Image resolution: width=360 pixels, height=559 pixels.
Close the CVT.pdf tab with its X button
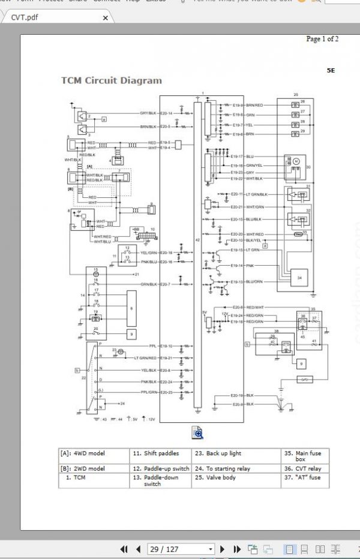click(x=106, y=19)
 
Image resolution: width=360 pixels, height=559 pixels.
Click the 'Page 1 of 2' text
click(x=322, y=39)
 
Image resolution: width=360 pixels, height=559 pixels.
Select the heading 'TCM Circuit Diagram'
click(x=111, y=80)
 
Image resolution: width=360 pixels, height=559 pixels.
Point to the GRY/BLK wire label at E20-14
click(x=148, y=113)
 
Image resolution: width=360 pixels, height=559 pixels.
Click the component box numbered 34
click(x=299, y=278)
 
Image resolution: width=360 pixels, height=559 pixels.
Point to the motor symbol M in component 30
click(x=295, y=161)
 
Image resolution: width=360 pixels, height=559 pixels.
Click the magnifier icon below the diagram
click(x=197, y=432)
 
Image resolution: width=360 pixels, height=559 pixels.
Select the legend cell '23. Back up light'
click(x=217, y=454)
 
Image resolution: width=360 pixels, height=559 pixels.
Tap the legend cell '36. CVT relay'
click(x=302, y=468)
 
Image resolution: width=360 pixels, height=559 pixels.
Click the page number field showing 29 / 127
click(x=181, y=549)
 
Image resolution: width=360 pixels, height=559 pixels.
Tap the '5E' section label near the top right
click(x=331, y=70)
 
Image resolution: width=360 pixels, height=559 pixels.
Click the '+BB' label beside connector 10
click(x=136, y=229)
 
